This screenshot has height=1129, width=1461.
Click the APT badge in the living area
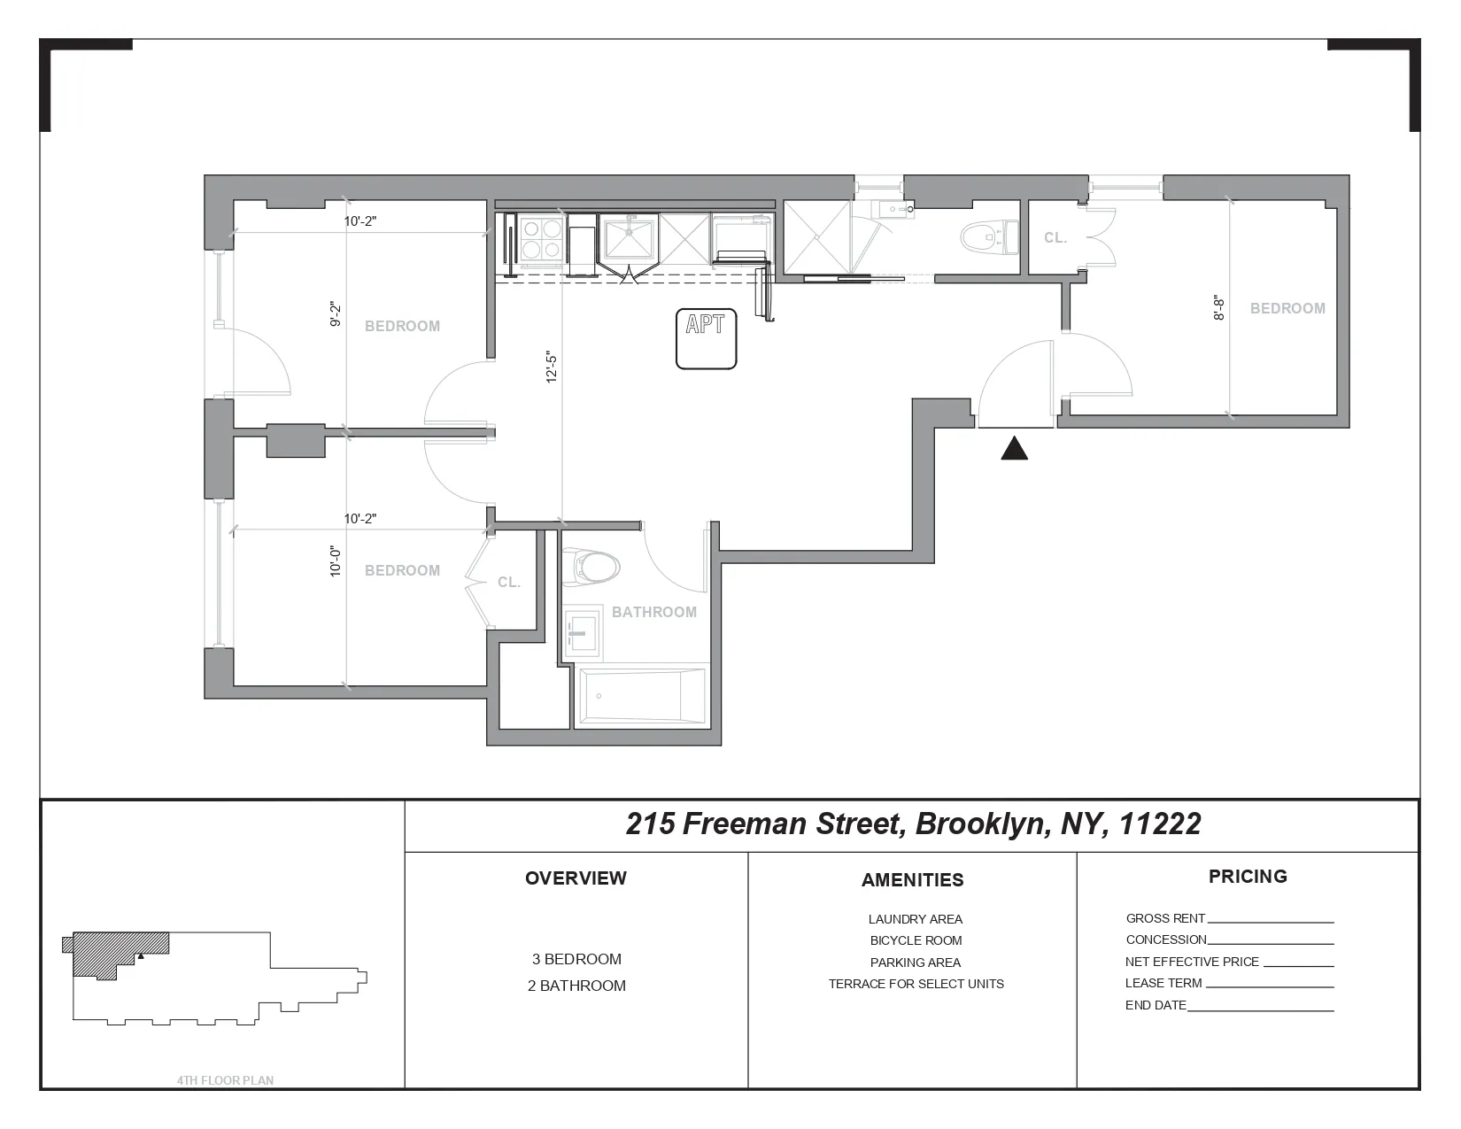pyautogui.click(x=706, y=338)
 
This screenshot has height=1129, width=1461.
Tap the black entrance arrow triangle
pyautogui.click(x=1014, y=450)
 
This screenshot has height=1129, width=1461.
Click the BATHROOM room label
pyautogui.click(x=653, y=612)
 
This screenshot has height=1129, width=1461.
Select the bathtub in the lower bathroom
pyautogui.click(x=642, y=696)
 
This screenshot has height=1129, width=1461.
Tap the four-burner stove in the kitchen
pyautogui.click(x=541, y=238)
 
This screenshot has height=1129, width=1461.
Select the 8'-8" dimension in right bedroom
pyautogui.click(x=1219, y=308)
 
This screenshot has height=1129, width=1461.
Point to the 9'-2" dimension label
pyautogui.click(x=336, y=314)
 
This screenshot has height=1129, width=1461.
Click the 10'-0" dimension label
pyautogui.click(x=336, y=561)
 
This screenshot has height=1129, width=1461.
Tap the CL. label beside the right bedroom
pyautogui.click(x=1055, y=238)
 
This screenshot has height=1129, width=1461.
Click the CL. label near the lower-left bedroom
pyautogui.click(x=508, y=583)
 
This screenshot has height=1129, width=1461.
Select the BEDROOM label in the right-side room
pyautogui.click(x=1287, y=308)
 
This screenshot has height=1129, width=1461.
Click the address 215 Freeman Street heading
pyautogui.click(x=912, y=824)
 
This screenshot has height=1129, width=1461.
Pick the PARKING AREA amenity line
pyautogui.click(x=915, y=963)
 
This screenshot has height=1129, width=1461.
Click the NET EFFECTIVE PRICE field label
pyautogui.click(x=1191, y=962)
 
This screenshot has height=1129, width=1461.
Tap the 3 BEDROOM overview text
pyautogui.click(x=576, y=959)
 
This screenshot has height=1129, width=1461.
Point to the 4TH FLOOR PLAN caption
pyautogui.click(x=225, y=1080)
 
